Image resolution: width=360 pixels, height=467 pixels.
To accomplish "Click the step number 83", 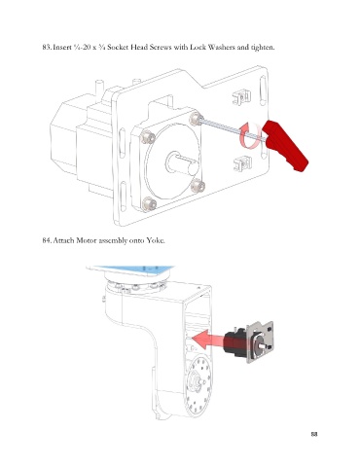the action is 47,47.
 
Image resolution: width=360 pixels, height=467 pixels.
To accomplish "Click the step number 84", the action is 47,240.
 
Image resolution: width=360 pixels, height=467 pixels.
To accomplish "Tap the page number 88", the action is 314,434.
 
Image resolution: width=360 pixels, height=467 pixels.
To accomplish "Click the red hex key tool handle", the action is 285,145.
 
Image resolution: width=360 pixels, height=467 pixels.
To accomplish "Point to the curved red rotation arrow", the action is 250,135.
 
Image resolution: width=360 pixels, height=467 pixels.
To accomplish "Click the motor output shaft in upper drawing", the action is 182,162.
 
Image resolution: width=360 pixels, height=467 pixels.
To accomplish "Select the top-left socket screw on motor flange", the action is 148,137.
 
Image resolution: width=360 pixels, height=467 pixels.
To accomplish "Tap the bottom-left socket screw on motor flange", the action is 149,204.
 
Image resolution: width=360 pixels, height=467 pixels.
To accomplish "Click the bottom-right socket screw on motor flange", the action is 198,186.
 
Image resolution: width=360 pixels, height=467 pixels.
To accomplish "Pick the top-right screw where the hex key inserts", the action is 197,119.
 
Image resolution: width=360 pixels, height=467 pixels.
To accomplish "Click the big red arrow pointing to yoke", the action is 209,340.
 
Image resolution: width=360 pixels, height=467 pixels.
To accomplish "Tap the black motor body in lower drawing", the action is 236,342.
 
